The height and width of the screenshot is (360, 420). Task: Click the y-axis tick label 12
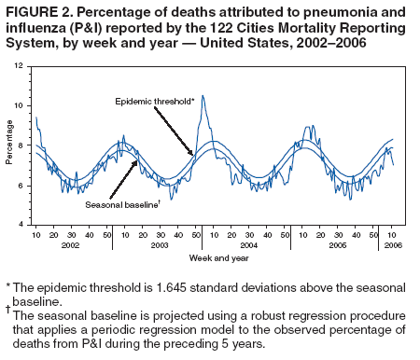pos(21,67)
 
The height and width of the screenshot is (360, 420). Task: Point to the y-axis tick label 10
pos(21,106)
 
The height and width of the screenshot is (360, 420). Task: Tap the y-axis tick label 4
pos(22,225)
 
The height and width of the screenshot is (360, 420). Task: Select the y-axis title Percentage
pos(9,146)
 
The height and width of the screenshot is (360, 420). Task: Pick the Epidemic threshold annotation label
pos(154,100)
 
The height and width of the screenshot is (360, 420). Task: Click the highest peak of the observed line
pos(203,95)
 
